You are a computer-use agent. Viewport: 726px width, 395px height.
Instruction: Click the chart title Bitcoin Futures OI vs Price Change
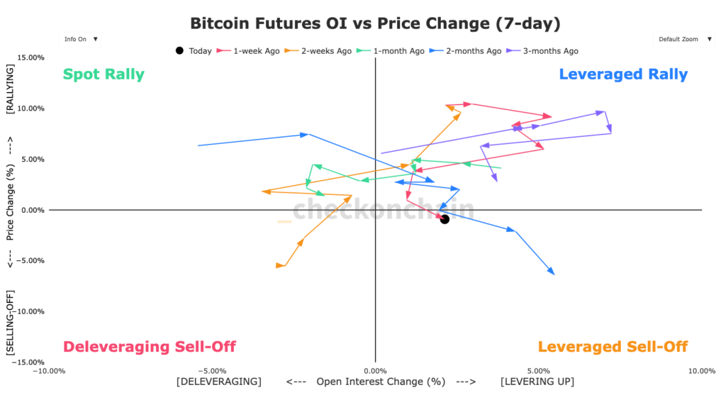pyautogui.click(x=375, y=24)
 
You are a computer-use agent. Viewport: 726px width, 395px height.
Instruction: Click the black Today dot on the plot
pyautogui.click(x=445, y=219)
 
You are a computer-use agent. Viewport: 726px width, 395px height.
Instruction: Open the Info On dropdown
pyautogui.click(x=79, y=39)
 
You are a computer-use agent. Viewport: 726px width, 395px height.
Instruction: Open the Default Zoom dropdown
pyautogui.click(x=683, y=39)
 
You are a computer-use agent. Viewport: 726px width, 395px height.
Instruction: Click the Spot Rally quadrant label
pyautogui.click(x=104, y=74)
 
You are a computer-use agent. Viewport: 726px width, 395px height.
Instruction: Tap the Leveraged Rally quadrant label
pyautogui.click(x=623, y=74)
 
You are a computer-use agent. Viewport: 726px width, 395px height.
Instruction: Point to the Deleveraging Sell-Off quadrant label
pyautogui.click(x=150, y=347)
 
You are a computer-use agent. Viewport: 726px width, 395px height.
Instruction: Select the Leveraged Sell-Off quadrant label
pyautogui.click(x=613, y=347)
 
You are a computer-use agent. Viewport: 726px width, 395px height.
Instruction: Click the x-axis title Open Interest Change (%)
pyautogui.click(x=381, y=382)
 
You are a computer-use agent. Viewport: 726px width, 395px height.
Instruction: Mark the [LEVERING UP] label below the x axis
pyautogui.click(x=537, y=382)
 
